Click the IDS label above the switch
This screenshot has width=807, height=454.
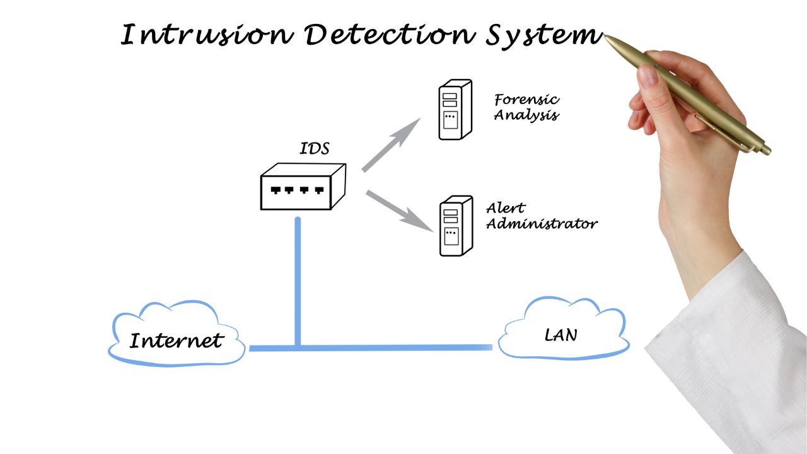point(314,149)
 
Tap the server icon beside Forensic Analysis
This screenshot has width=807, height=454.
point(455,110)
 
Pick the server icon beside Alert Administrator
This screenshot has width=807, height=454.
point(455,226)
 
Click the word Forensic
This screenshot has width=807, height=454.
point(526,100)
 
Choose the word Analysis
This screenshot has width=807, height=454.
point(526,115)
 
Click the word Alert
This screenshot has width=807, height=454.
point(506,207)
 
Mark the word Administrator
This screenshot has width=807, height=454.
point(542,223)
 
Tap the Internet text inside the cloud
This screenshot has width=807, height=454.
point(177,341)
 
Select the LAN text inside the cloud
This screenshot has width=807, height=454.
point(560,335)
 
